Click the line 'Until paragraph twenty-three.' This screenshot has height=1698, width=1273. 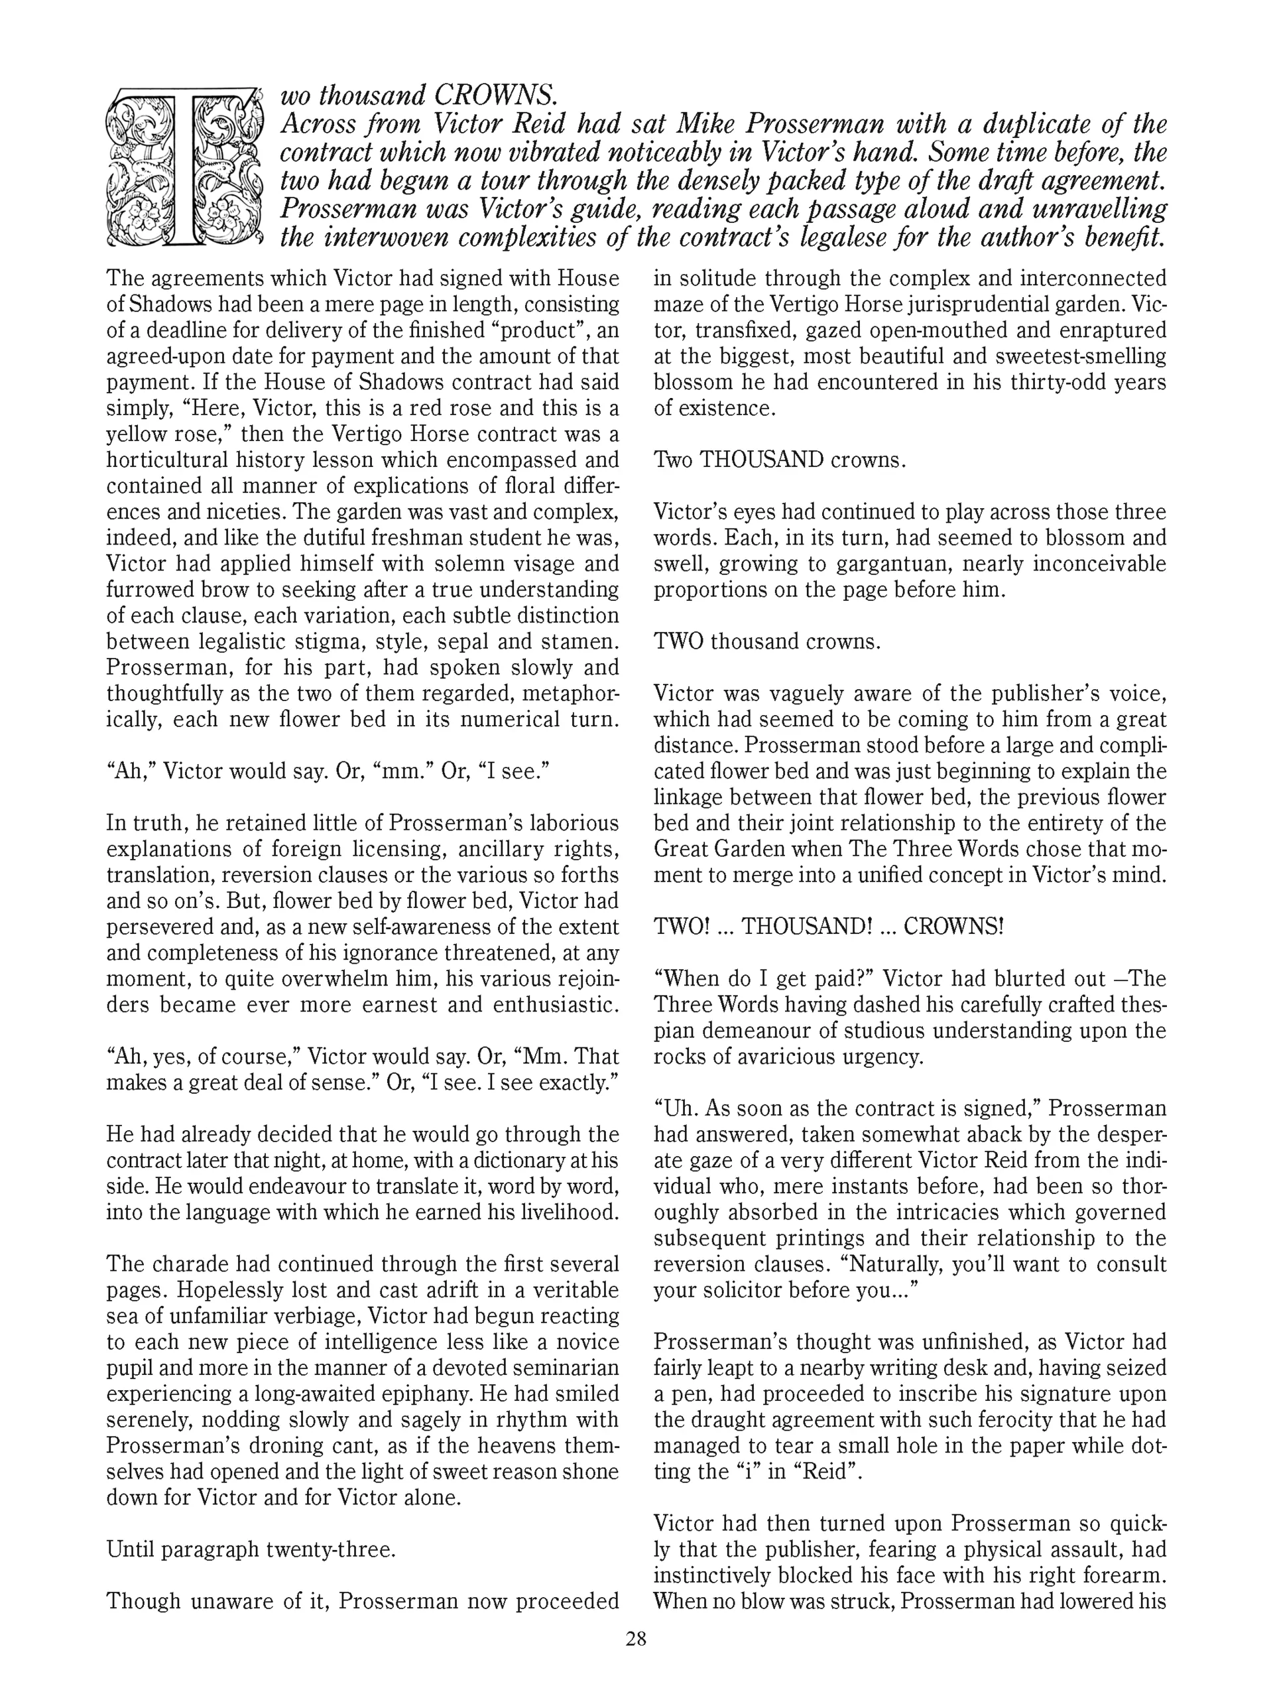tap(251, 1549)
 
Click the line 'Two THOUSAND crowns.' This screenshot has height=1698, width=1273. tap(780, 460)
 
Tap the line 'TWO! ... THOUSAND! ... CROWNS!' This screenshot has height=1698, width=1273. tap(828, 927)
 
